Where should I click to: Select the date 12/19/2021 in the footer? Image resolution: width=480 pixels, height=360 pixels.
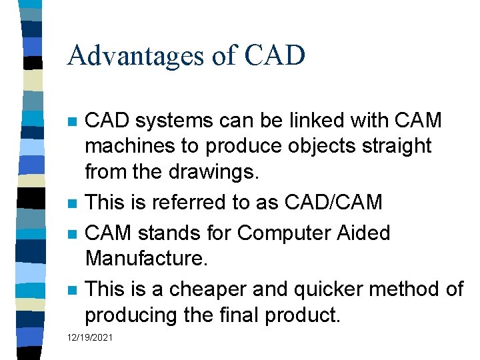pyautogui.click(x=90, y=338)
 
